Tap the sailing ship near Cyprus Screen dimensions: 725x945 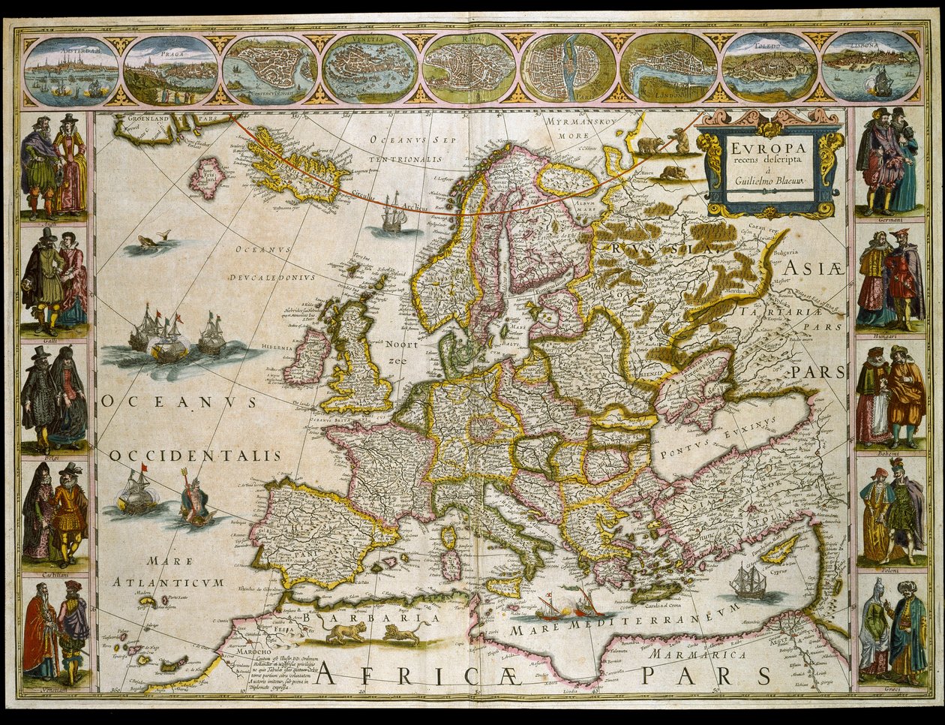click(x=748, y=582)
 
